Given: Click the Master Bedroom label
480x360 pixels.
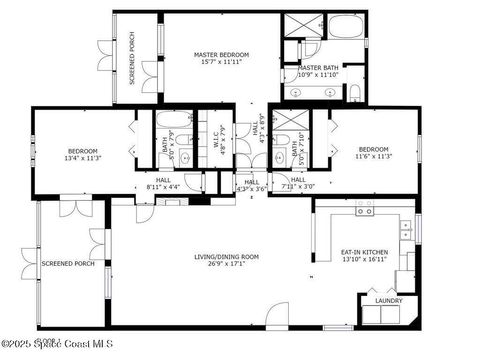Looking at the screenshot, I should point(221,54).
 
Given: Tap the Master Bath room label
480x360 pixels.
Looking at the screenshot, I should point(317,68).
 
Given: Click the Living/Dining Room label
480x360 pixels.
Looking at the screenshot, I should point(226,257).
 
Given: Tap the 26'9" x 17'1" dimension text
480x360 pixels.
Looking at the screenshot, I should point(226,265).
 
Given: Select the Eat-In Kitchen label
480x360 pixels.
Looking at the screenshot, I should point(364,253).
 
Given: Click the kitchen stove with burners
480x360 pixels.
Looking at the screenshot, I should point(365,211).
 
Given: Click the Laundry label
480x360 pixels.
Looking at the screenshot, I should point(388,300).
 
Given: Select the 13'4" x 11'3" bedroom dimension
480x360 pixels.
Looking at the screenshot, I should point(82,158).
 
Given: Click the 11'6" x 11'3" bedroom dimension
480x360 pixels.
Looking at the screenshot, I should point(373,157).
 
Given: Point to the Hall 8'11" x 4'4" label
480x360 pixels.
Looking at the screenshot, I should point(163,184).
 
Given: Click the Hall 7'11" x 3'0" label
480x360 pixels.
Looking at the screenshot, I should point(299,184).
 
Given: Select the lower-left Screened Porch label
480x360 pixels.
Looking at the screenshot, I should point(68,264).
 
